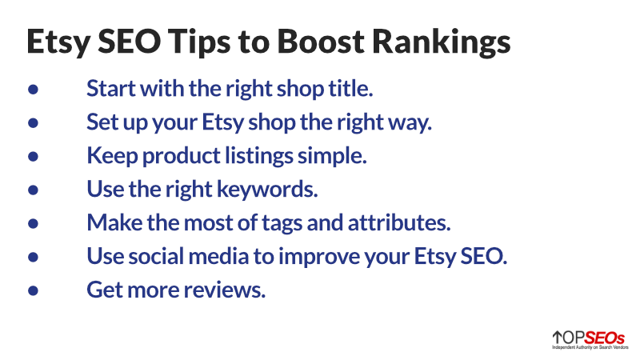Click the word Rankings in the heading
pos(442,42)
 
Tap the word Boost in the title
pos(321,42)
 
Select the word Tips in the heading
pos(199,42)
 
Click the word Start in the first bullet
pos(111,89)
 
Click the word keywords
pos(267,190)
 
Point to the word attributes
pos(399,223)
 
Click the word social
pos(156,257)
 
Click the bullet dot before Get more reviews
pos(33,290)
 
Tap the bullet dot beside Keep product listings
pos(33,156)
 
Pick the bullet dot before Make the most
pos(33,223)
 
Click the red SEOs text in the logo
pos(604,338)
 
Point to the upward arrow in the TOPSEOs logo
pos(557,338)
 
